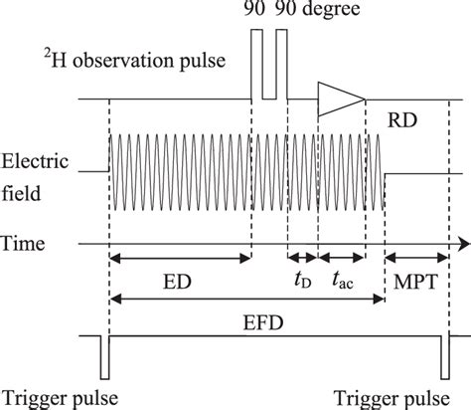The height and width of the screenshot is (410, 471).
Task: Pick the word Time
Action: (x=22, y=243)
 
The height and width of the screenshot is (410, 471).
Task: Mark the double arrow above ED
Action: (x=179, y=259)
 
